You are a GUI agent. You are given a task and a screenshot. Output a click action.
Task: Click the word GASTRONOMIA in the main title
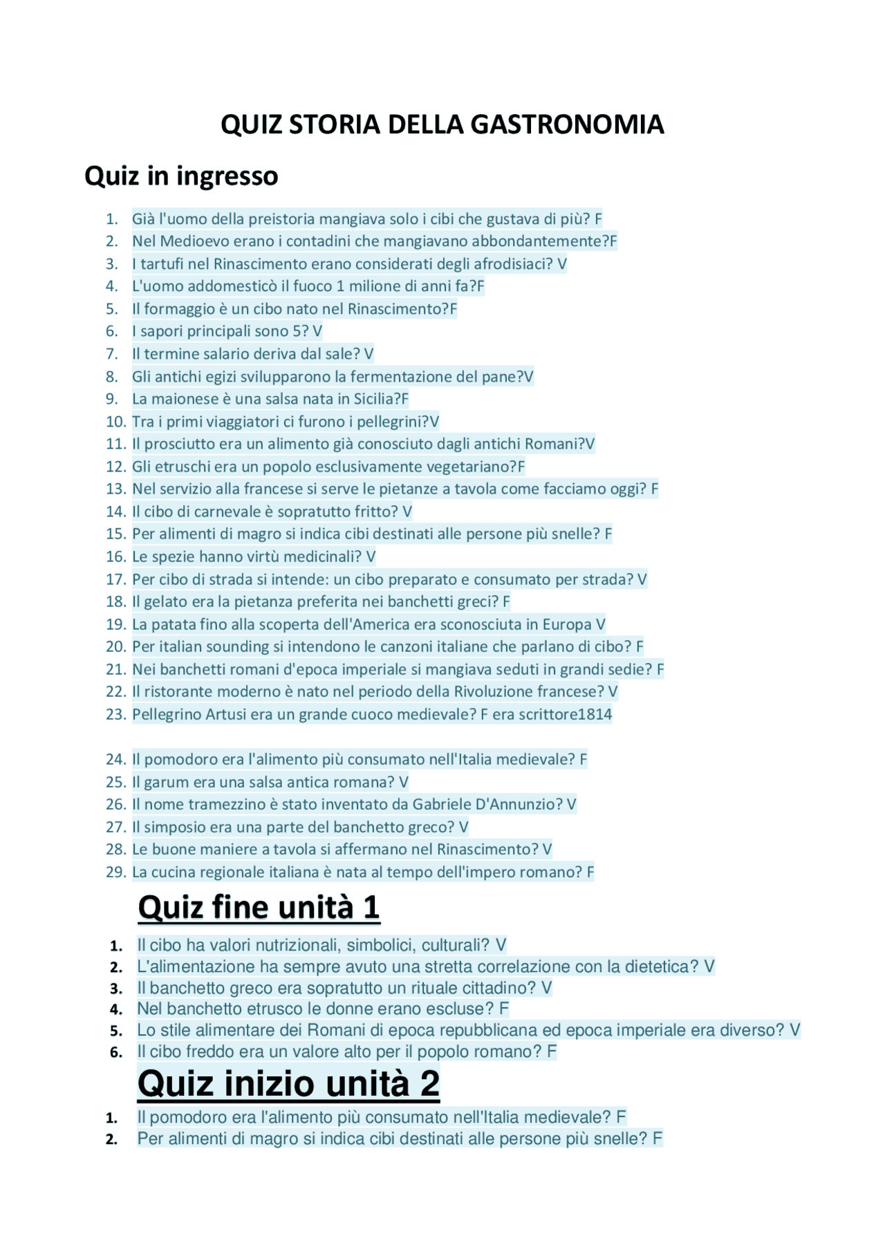coord(567,125)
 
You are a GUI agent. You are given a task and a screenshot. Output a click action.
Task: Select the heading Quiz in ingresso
coord(181,176)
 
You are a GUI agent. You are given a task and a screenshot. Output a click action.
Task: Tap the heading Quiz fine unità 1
coord(259,908)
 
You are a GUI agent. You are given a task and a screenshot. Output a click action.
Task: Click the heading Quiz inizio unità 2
coord(288,1083)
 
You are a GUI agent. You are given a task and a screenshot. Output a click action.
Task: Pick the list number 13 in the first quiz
coord(115,489)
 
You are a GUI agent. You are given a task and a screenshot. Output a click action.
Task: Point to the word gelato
coord(165,602)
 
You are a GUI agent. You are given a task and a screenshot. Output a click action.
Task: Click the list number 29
coord(115,872)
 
